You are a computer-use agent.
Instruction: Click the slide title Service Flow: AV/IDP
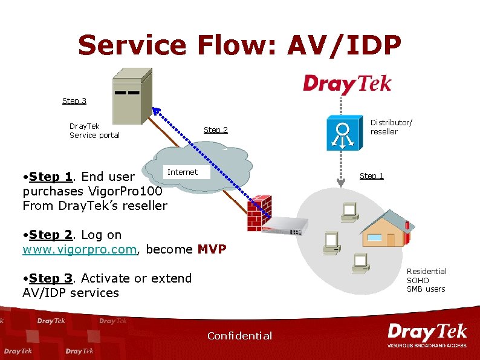click(x=239, y=45)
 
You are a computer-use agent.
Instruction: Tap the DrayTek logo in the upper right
click(x=347, y=83)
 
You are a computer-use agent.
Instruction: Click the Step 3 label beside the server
click(x=74, y=100)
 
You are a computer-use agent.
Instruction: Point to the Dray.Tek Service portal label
click(x=94, y=131)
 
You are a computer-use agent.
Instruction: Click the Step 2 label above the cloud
click(x=216, y=129)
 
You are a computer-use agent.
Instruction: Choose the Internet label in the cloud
click(x=183, y=172)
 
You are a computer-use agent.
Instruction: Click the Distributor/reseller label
click(x=391, y=127)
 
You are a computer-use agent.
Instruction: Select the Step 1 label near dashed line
click(x=372, y=176)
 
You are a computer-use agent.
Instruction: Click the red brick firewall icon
click(x=259, y=214)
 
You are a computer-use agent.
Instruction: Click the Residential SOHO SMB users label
click(x=426, y=280)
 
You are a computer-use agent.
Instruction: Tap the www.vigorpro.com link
click(x=79, y=249)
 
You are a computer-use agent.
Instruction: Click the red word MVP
click(x=212, y=249)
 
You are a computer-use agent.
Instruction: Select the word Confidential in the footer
click(x=239, y=336)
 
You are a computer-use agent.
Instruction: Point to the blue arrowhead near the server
click(x=155, y=111)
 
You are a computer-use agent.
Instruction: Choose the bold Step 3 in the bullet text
click(x=50, y=278)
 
